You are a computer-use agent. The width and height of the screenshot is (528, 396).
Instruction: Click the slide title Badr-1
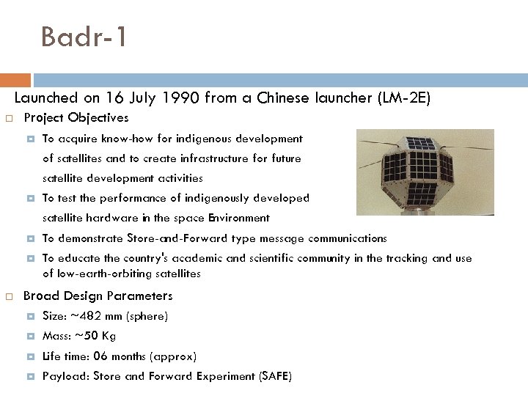[x=84, y=37]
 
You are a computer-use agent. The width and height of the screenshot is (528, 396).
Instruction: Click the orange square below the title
[x=15, y=80]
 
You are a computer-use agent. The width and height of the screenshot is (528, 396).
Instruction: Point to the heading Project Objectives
[x=76, y=117]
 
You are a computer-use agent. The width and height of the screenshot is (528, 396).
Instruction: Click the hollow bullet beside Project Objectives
[x=10, y=118]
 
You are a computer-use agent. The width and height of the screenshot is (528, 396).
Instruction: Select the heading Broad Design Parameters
[x=98, y=296]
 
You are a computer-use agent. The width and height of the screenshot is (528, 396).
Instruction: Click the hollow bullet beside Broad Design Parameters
[x=10, y=296]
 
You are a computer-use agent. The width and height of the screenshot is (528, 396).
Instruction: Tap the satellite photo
[x=425, y=172]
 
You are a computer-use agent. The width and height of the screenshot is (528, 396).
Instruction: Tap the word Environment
[x=238, y=218]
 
